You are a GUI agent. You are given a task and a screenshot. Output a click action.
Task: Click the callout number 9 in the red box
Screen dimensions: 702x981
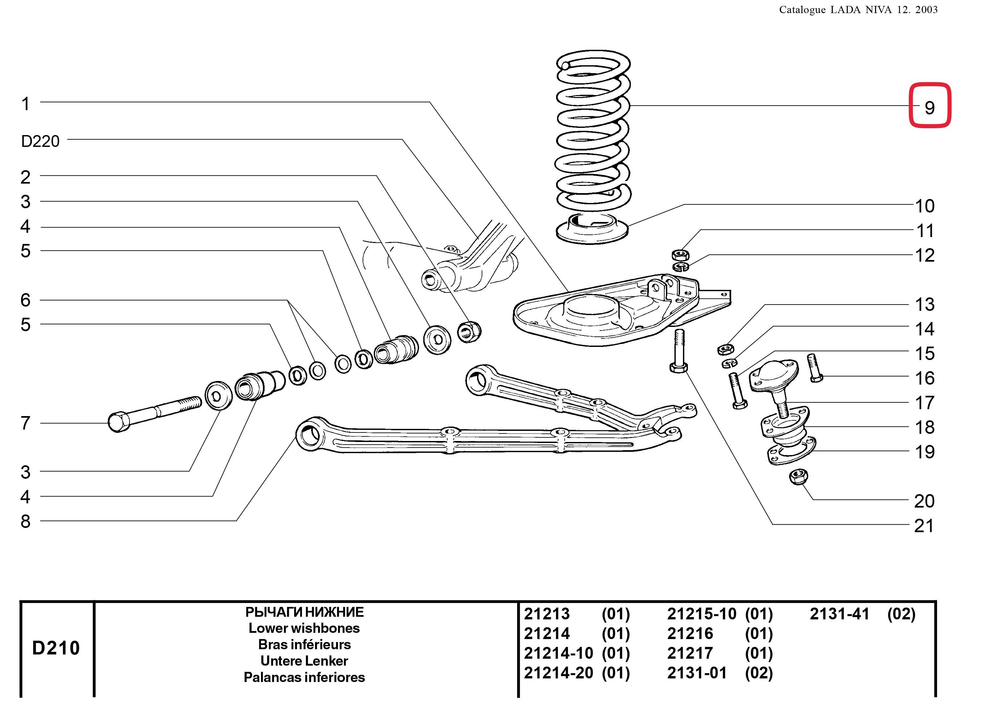pyautogui.click(x=930, y=107)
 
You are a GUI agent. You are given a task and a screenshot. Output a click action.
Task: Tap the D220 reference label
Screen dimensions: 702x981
pyautogui.click(x=40, y=141)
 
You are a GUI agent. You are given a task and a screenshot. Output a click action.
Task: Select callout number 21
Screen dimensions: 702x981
pyautogui.click(x=924, y=526)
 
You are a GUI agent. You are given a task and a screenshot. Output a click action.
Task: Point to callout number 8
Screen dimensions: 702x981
pyautogui.click(x=26, y=521)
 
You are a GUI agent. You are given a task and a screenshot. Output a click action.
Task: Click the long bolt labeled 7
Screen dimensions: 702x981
pyautogui.click(x=153, y=414)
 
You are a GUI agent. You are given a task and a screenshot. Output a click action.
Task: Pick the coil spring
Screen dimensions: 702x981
pyautogui.click(x=592, y=130)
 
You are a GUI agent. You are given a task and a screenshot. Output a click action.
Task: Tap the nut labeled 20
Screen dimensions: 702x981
pyautogui.click(x=799, y=477)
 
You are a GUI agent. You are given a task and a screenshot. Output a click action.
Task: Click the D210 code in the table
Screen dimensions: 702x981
pyautogui.click(x=56, y=648)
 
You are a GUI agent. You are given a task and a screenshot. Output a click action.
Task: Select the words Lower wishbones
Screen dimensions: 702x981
pyautogui.click(x=304, y=628)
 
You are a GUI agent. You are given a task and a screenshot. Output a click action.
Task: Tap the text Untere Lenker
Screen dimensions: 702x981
pyautogui.click(x=304, y=661)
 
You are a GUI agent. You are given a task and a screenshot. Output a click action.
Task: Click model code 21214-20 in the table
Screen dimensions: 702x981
pyautogui.click(x=558, y=673)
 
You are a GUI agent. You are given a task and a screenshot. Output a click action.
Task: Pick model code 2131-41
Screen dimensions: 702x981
pyautogui.click(x=839, y=614)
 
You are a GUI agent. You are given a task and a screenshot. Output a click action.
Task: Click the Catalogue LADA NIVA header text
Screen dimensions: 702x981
pyautogui.click(x=858, y=10)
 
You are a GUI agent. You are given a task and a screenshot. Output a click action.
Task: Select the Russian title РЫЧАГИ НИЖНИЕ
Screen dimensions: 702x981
pyautogui.click(x=304, y=612)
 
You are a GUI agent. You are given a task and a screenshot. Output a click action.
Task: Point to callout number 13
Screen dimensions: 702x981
pyautogui.click(x=924, y=304)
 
